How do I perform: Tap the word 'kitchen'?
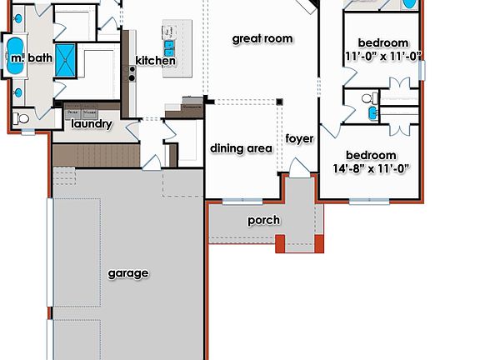click(156, 61)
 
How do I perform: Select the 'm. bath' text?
click(30, 58)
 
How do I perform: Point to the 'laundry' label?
click(92, 124)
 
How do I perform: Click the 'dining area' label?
click(241, 148)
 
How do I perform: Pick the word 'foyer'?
click(299, 138)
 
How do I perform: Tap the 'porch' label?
click(263, 221)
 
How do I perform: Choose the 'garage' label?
click(128, 273)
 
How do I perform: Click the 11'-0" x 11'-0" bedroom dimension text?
click(383, 57)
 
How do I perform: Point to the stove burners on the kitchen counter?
click(131, 73)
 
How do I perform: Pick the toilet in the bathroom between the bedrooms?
click(367, 100)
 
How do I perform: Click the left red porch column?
click(281, 243)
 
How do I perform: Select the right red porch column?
click(317, 243)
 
